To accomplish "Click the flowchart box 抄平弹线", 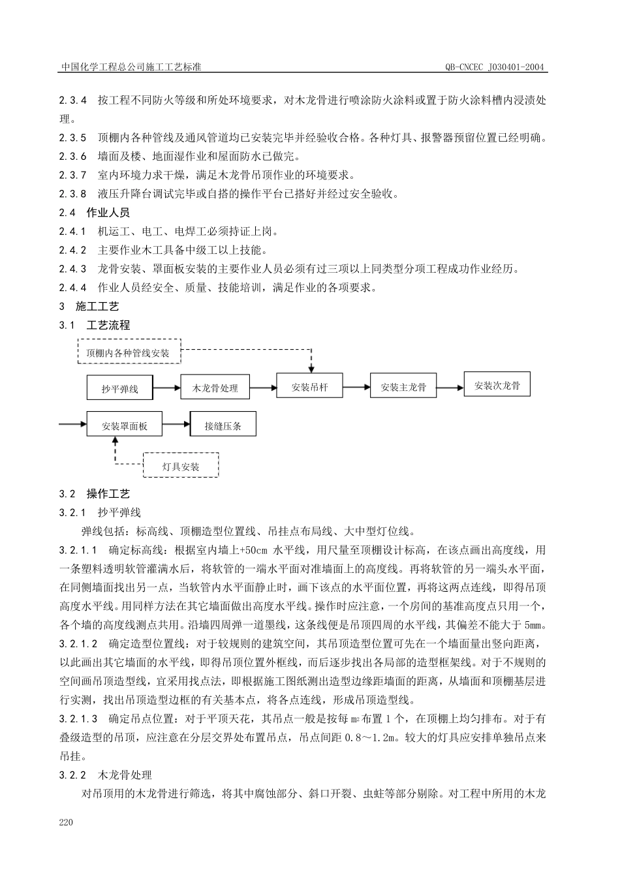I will (120, 388).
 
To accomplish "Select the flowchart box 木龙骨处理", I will (215, 388).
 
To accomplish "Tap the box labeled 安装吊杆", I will (310, 387).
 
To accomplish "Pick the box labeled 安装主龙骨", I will (404, 387).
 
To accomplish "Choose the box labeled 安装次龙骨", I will (497, 385).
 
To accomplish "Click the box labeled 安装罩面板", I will (124, 426).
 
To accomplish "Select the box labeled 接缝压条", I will (223, 425).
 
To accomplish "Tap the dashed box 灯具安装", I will (181, 466).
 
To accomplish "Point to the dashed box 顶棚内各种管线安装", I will (129, 353).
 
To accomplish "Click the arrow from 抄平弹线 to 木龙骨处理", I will (167, 388).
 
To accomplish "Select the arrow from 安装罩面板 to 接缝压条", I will (176, 425).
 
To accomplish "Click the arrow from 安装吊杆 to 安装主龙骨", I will (356, 387).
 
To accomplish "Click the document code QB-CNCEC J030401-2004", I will (496, 67).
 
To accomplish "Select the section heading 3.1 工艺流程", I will (95, 325).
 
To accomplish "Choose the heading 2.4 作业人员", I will (95, 213).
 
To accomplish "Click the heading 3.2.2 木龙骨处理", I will (106, 775).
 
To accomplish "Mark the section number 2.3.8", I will (72, 194).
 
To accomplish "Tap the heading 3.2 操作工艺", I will (95, 494).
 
